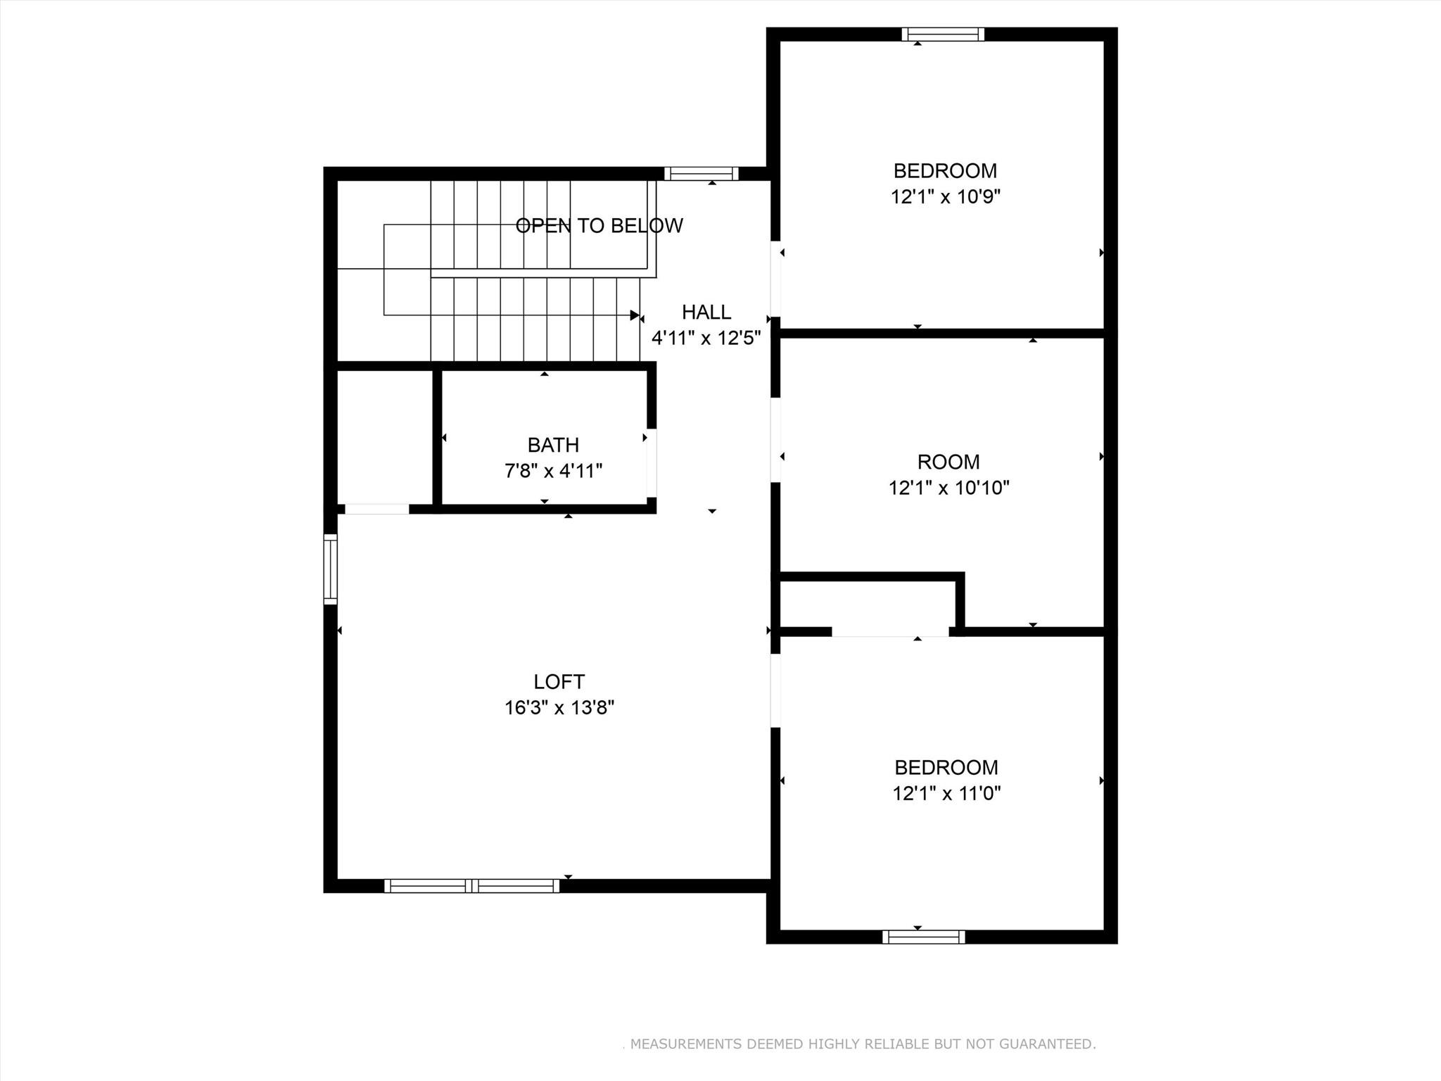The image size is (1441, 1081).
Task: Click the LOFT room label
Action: (x=559, y=681)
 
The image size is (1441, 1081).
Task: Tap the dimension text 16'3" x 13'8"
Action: (x=559, y=707)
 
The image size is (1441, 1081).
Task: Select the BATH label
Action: (x=553, y=445)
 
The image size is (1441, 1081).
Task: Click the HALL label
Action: (x=706, y=312)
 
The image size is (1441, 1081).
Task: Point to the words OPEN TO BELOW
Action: (x=599, y=225)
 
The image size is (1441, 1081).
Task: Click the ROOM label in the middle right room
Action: (x=948, y=462)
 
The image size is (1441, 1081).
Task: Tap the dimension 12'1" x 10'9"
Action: (x=945, y=196)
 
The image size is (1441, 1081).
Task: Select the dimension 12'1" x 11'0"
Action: (x=946, y=793)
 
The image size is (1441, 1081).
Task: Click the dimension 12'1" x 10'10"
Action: (x=948, y=487)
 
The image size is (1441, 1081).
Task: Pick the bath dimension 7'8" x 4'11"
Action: (x=553, y=470)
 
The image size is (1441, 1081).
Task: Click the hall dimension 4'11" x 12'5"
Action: (x=706, y=338)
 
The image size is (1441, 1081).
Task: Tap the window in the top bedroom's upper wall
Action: (x=943, y=34)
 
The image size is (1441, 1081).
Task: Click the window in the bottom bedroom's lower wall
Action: (x=923, y=937)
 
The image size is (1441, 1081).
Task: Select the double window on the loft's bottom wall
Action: (x=471, y=885)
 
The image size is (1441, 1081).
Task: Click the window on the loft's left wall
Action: (x=330, y=569)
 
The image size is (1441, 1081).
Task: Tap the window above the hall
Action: (x=701, y=173)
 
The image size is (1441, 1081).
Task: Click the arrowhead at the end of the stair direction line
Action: (x=635, y=315)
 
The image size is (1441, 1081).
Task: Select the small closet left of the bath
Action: (x=384, y=436)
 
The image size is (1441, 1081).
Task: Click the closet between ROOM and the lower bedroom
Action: (x=867, y=604)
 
